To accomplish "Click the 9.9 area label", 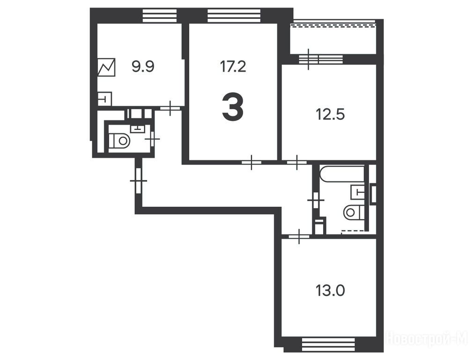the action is tap(143, 67).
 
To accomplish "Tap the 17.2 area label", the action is tap(233, 67).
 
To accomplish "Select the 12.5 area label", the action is tap(330, 115).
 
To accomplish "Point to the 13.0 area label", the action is tap(330, 291).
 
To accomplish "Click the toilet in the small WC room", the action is tap(119, 140).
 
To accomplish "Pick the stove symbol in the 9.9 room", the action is tap(106, 67).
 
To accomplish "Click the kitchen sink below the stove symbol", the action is tap(104, 98).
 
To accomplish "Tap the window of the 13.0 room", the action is tap(328, 345).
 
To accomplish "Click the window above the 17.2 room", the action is tap(234, 15).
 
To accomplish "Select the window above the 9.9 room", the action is tap(160, 15).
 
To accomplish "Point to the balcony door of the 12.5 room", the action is tap(320, 59).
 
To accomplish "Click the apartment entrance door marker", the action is tap(139, 180).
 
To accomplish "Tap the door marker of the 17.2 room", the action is tap(252, 163).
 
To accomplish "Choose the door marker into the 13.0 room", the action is tap(299, 237).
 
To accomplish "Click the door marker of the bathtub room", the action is tap(316, 200).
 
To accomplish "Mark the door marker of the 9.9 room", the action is tap(170, 108).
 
